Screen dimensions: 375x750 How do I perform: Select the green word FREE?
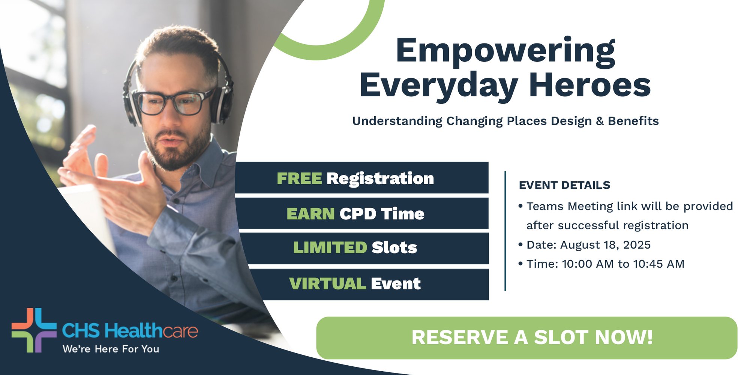coord(299,178)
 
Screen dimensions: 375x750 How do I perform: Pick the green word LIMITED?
coord(330,247)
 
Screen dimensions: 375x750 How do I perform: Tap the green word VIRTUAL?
coord(327,283)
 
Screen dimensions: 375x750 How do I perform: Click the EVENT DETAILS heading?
coord(564,185)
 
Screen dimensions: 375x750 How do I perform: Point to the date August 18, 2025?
coord(605,245)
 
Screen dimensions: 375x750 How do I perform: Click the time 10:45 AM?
coord(658,264)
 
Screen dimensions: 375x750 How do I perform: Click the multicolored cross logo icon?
coord(34,330)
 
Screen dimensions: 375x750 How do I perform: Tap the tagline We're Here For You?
coord(111,349)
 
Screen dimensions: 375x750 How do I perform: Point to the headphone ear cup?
coord(223,103)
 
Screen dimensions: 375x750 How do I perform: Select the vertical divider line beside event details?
coord(505,231)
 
